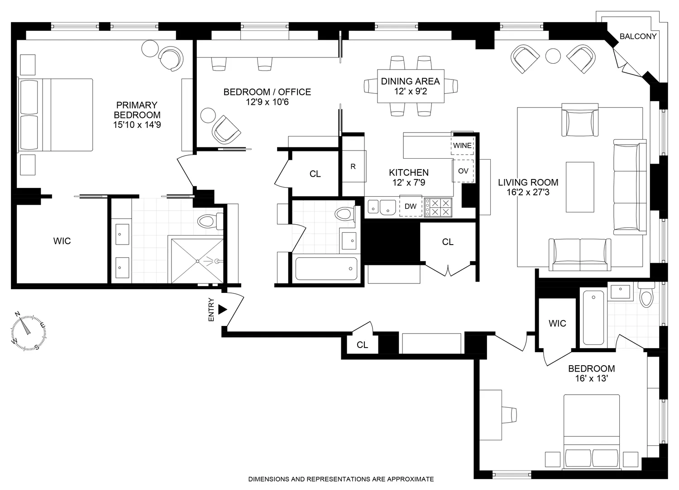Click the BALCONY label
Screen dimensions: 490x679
(x=638, y=36)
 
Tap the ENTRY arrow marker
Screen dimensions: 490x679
(x=222, y=309)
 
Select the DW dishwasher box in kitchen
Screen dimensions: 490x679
(x=411, y=207)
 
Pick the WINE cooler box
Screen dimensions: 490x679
(x=462, y=146)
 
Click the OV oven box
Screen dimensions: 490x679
(x=463, y=171)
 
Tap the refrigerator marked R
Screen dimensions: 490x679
(x=353, y=166)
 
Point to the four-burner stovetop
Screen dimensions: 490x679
(x=439, y=207)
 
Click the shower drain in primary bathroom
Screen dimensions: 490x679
(x=198, y=261)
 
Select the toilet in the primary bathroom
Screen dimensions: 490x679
(x=209, y=221)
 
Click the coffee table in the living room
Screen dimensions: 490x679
(x=579, y=187)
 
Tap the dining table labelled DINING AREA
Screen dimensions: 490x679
(x=411, y=86)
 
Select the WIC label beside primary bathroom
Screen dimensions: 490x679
(x=62, y=241)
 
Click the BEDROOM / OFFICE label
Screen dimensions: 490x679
(x=267, y=92)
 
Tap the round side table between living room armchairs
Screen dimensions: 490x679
(x=553, y=56)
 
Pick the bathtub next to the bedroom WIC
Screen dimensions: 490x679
(x=593, y=317)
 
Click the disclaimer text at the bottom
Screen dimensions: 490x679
(x=341, y=479)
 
